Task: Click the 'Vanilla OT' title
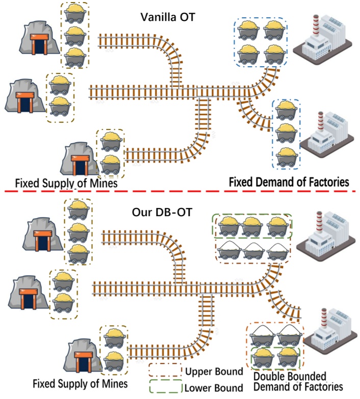point(168,17)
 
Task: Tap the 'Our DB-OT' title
point(162,212)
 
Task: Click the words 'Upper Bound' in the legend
point(214,371)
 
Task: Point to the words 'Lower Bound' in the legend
point(214,388)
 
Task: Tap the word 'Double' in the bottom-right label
point(269,377)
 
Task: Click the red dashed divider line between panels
point(180,191)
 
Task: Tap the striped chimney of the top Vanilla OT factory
point(316,25)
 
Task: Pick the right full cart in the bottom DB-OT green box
point(288,358)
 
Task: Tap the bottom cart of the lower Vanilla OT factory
point(287,157)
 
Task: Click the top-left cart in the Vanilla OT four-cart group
point(248,31)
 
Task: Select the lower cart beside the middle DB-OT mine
point(63,303)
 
